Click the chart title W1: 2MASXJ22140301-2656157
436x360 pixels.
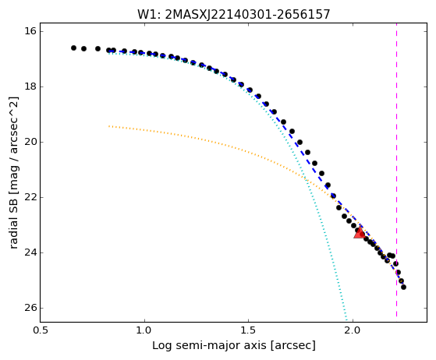click(x=233, y=15)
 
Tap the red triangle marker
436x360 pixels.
click(x=360, y=233)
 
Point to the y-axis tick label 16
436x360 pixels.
click(x=30, y=31)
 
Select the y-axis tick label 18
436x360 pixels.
click(x=30, y=86)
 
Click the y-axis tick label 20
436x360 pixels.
click(x=30, y=142)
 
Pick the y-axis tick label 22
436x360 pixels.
click(x=30, y=197)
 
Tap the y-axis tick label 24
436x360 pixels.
click(x=30, y=252)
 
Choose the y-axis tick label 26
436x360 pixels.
click(x=30, y=308)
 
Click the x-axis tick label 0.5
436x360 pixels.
click(x=41, y=330)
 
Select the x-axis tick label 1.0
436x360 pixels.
click(x=144, y=330)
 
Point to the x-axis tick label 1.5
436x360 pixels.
click(x=249, y=330)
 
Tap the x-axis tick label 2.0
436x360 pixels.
click(x=353, y=330)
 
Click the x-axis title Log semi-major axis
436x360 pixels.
click(x=210, y=346)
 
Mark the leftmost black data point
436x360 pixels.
click(x=73, y=48)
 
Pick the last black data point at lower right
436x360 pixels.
click(x=403, y=288)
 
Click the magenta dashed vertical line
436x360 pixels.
click(x=396, y=169)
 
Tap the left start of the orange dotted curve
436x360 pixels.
click(x=109, y=126)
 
